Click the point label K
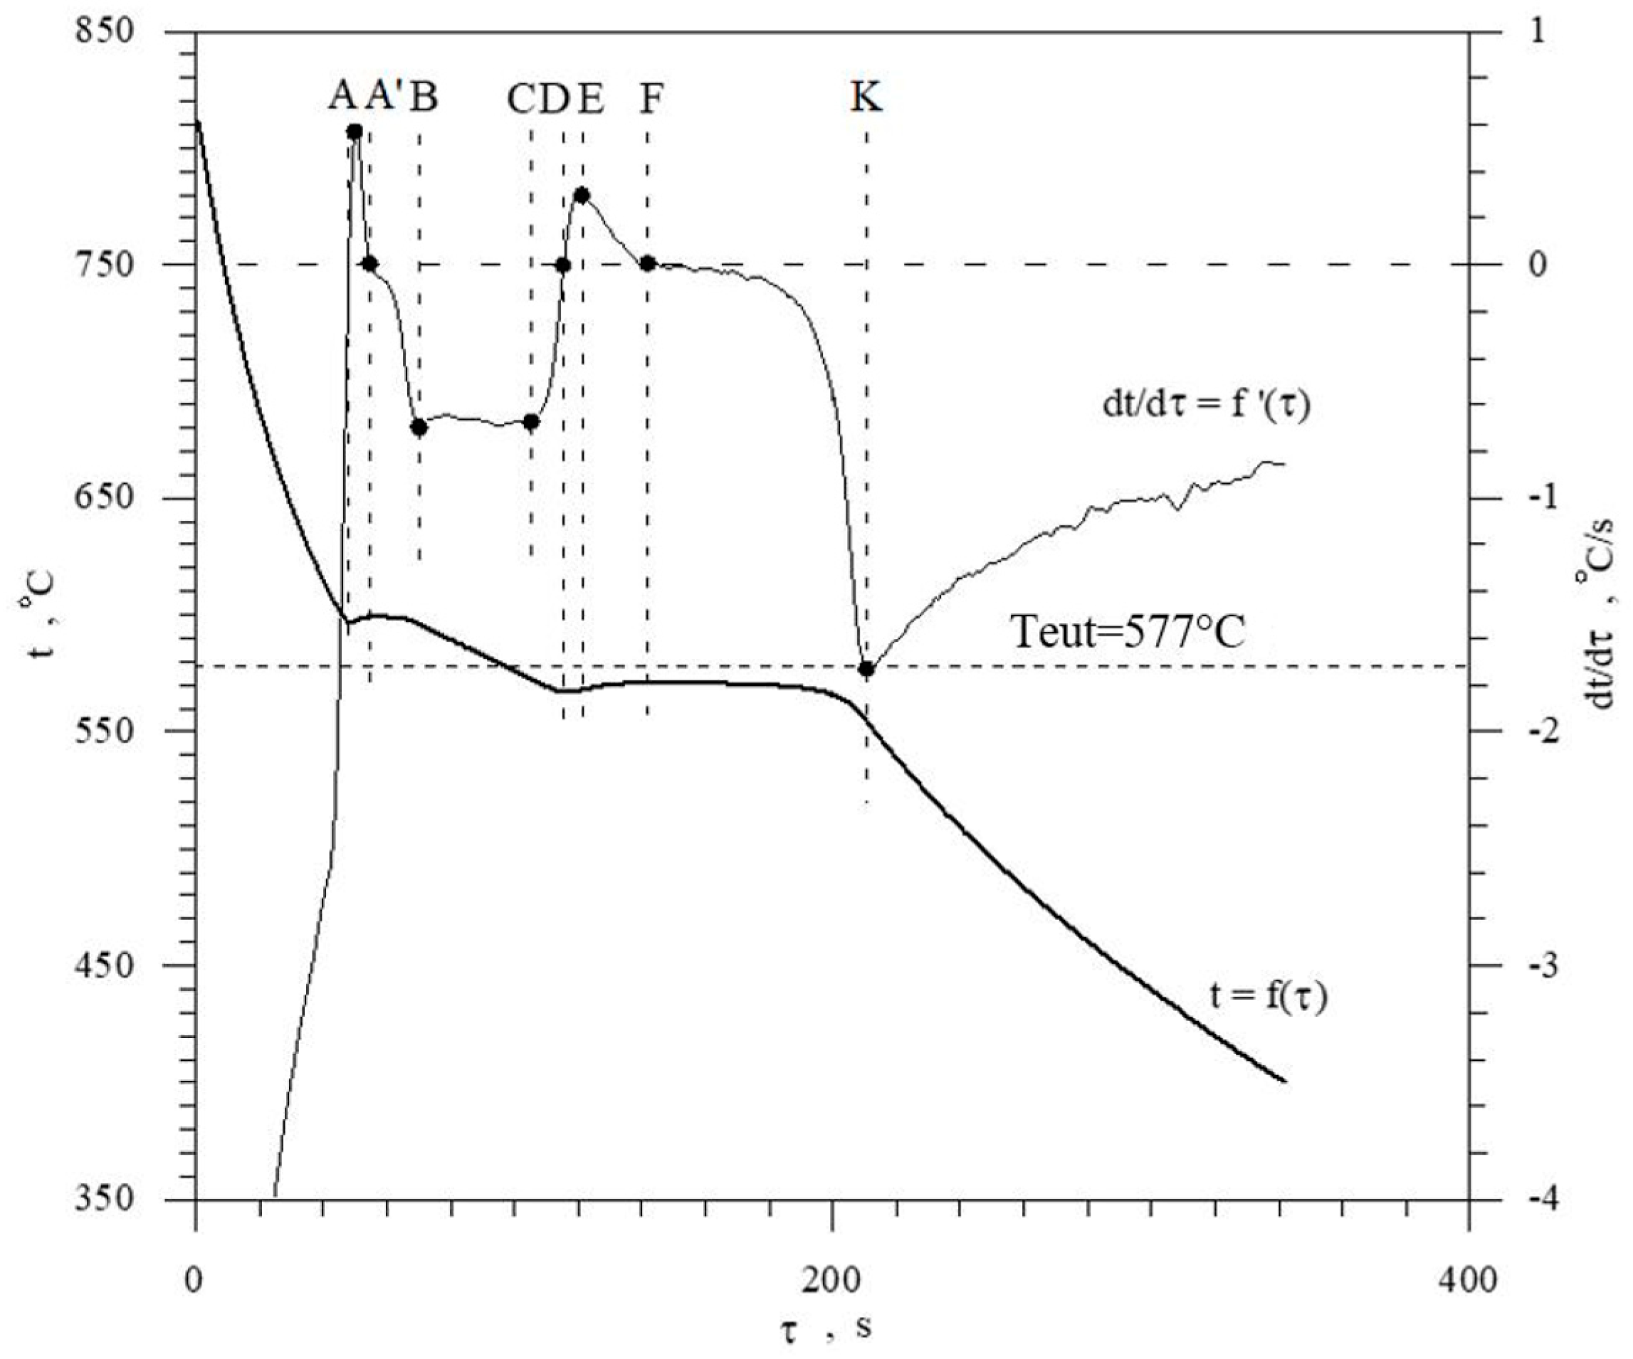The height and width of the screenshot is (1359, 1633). (866, 99)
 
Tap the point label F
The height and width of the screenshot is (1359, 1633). (650, 99)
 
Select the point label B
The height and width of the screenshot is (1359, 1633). (424, 97)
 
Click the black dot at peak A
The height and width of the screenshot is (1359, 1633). (355, 132)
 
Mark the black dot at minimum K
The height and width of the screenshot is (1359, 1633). (866, 669)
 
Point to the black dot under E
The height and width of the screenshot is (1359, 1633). (581, 195)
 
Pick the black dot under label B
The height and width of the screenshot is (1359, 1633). (419, 427)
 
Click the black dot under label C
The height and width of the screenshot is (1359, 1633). (531, 422)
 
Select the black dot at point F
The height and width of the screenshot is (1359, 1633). (648, 263)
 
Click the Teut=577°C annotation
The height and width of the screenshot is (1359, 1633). (1128, 632)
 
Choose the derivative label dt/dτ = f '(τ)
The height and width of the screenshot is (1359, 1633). (1206, 406)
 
